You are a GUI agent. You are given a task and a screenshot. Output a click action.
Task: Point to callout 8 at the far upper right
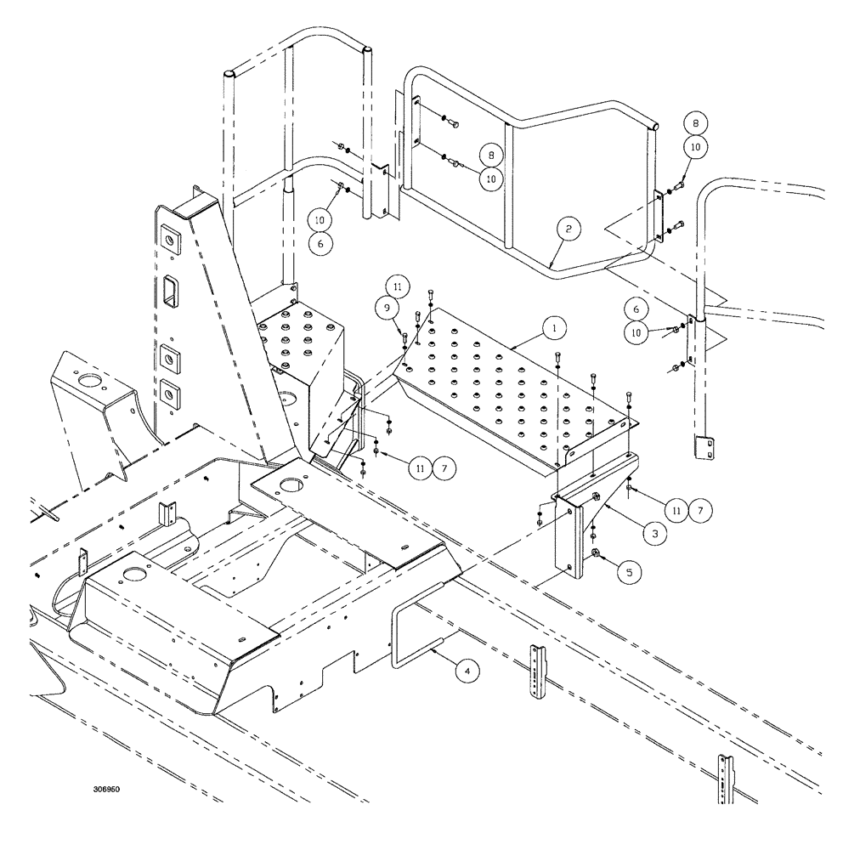click(697, 124)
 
